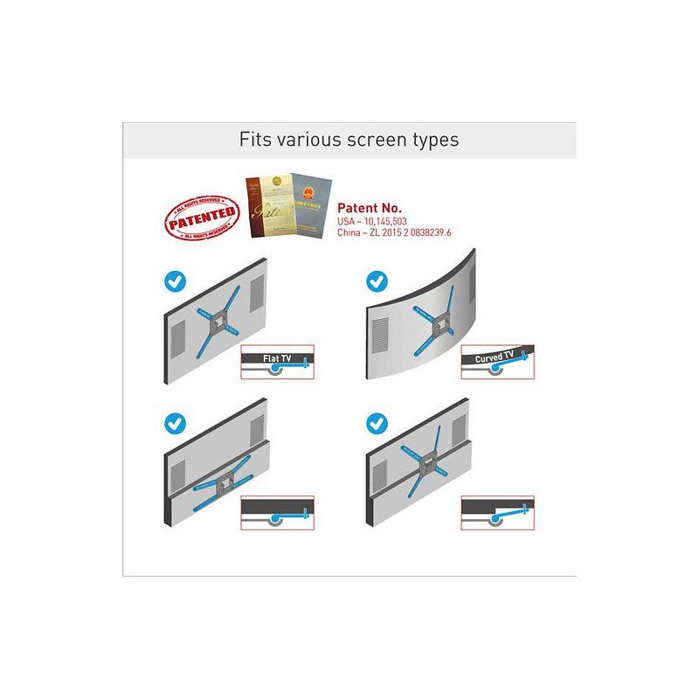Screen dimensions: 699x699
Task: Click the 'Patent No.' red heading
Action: click(370, 208)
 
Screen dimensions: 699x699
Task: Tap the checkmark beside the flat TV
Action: click(175, 282)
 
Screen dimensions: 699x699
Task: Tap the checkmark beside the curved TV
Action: click(377, 281)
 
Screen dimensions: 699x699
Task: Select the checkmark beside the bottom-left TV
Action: click(175, 424)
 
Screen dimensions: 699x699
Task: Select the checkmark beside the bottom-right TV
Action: click(377, 424)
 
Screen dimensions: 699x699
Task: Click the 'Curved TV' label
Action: click(495, 357)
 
